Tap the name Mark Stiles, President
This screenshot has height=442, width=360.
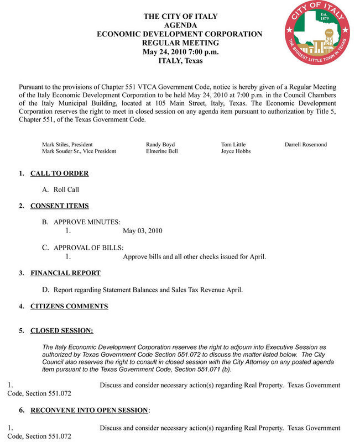67,145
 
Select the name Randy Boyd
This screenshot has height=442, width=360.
160,145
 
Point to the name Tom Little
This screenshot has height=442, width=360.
233,145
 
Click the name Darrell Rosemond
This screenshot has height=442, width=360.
306,145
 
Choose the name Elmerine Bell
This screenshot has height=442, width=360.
162,151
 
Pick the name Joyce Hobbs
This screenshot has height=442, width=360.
236,151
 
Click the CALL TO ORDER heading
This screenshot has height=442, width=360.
59,173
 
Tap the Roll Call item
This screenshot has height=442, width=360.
66,190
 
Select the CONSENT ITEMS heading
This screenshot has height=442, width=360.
59,206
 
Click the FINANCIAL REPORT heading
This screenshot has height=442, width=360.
65,273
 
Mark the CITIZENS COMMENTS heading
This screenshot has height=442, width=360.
69,306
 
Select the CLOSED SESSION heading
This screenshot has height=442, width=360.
61,331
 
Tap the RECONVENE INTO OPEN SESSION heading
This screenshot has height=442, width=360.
90,411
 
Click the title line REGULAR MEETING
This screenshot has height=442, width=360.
180,43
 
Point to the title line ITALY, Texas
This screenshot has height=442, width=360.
180,61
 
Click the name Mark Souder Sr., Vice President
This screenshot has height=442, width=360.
79,151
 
